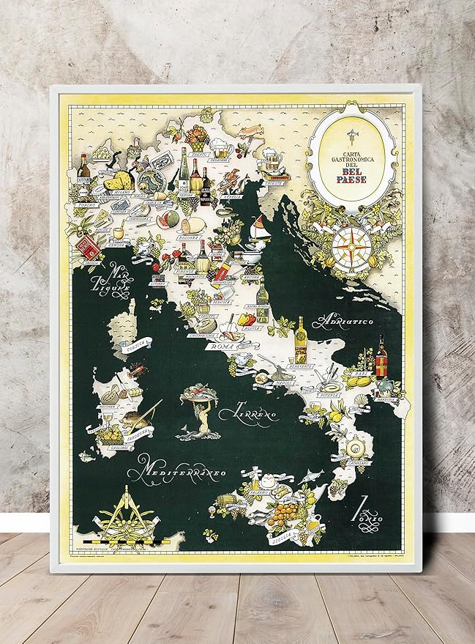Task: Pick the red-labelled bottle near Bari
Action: click(x=381, y=357)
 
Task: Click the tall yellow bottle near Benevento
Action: click(x=300, y=339)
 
